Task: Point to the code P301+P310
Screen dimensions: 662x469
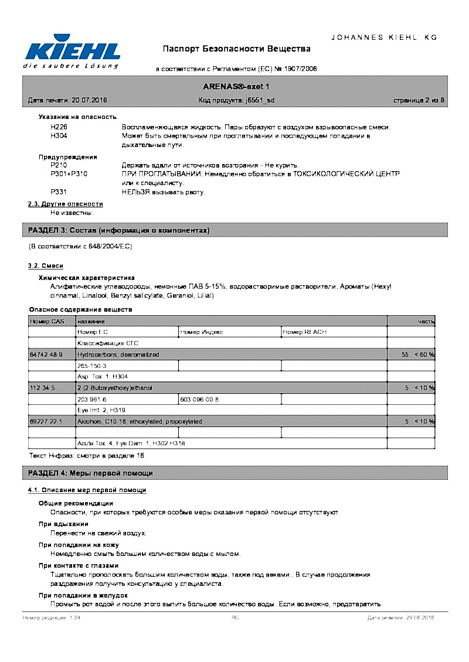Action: click(69, 174)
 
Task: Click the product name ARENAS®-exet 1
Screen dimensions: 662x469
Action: click(236, 86)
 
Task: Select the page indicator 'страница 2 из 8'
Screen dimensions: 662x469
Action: click(419, 101)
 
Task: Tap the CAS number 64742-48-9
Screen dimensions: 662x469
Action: click(46, 355)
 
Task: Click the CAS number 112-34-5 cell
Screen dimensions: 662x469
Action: click(42, 388)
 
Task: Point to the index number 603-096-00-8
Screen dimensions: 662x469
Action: click(199, 399)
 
